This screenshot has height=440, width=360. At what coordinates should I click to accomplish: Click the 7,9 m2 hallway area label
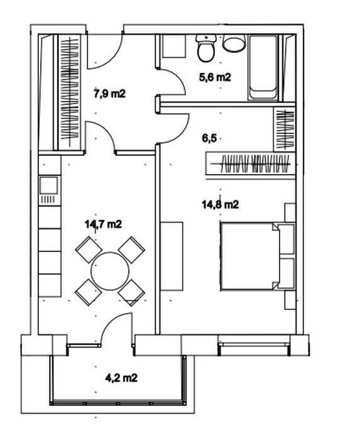click(x=109, y=94)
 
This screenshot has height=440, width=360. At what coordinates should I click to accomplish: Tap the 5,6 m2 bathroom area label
click(x=215, y=77)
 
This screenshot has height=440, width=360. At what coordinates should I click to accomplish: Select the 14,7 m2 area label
click(x=103, y=224)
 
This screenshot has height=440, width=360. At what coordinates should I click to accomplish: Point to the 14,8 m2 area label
click(x=221, y=204)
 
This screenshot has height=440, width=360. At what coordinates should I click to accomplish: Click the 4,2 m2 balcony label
click(x=121, y=378)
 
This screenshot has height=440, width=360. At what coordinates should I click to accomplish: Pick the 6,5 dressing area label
click(x=209, y=138)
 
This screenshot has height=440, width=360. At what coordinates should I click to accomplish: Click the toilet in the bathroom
click(x=206, y=48)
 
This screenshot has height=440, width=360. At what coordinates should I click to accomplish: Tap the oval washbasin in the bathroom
click(x=234, y=43)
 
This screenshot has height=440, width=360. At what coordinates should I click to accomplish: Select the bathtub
click(x=263, y=67)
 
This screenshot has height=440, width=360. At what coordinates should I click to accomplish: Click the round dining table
click(x=110, y=271)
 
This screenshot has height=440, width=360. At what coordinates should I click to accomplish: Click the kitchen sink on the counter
click(x=50, y=185)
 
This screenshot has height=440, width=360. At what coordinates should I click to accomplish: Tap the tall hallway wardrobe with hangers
click(x=70, y=92)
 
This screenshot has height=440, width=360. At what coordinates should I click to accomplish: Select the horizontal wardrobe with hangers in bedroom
click(x=251, y=163)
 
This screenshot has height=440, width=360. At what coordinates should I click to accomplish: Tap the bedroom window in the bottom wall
click(x=254, y=344)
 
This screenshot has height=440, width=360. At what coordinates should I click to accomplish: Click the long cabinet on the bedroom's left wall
click(x=172, y=256)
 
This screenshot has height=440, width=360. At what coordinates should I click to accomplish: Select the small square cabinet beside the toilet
click(x=174, y=47)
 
